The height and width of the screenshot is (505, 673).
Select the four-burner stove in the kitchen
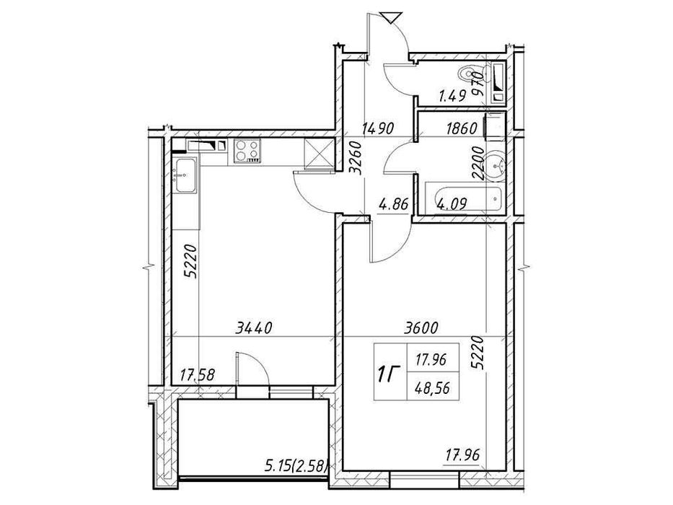pyautogui.click(x=247, y=151)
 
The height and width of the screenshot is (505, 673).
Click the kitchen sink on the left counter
pyautogui.click(x=185, y=175)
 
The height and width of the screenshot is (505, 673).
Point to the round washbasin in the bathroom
pyautogui.click(x=496, y=164)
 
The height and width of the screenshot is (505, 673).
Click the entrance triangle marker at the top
pyautogui.click(x=390, y=18)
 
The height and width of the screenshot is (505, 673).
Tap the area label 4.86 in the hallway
pyautogui.click(x=393, y=203)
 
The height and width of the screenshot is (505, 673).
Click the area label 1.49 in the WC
pyautogui.click(x=452, y=95)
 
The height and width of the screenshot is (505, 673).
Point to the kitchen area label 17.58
pyautogui.click(x=198, y=376)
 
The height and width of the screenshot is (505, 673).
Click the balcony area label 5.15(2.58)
pyautogui.click(x=297, y=465)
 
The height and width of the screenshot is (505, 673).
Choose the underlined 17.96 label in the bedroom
pyautogui.click(x=462, y=454)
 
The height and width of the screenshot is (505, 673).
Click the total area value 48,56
pyautogui.click(x=432, y=389)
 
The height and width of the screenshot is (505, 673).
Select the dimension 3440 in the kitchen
pyautogui.click(x=254, y=328)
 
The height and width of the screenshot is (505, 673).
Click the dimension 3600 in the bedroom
pyautogui.click(x=421, y=328)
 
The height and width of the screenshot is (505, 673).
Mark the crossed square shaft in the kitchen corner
pyautogui.click(x=317, y=152)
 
